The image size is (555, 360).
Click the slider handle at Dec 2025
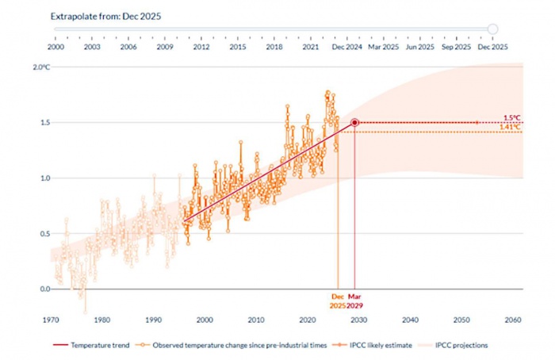(493, 29)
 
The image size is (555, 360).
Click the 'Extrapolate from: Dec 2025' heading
(105, 16)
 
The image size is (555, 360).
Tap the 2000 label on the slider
(55, 48)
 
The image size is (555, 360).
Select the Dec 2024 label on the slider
(348, 48)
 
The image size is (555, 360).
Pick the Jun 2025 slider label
(420, 48)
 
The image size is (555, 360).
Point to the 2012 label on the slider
(201, 48)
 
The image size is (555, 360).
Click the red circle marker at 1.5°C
(354, 123)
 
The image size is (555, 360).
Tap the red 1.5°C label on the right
(511, 118)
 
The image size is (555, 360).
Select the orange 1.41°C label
(510, 128)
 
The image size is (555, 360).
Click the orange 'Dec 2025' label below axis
(339, 301)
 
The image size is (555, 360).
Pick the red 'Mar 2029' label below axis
(354, 301)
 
